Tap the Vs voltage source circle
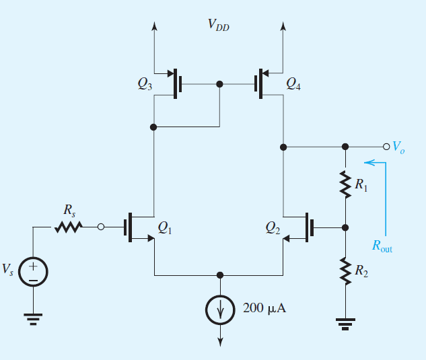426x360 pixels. [x=32, y=271]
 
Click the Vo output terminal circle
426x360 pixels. [x=386, y=146]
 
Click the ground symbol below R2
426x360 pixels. [x=345, y=326]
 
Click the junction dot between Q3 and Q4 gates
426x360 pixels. [x=219, y=85]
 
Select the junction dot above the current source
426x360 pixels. [x=219, y=275]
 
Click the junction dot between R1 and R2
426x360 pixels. [x=345, y=227]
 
